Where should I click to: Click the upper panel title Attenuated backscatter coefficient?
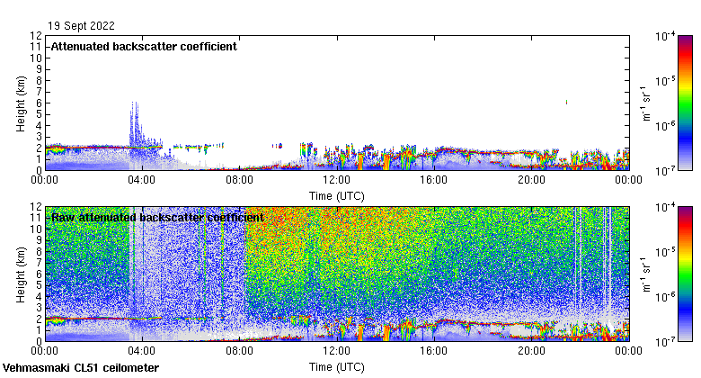tap(144, 47)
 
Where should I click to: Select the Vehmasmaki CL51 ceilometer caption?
tap(81, 368)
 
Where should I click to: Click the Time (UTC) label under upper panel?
tap(336, 194)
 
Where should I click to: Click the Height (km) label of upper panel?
tap(21, 103)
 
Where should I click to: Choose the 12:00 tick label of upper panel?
tap(336, 179)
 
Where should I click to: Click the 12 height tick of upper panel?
tap(36, 36)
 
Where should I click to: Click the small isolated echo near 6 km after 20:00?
tap(566, 102)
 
